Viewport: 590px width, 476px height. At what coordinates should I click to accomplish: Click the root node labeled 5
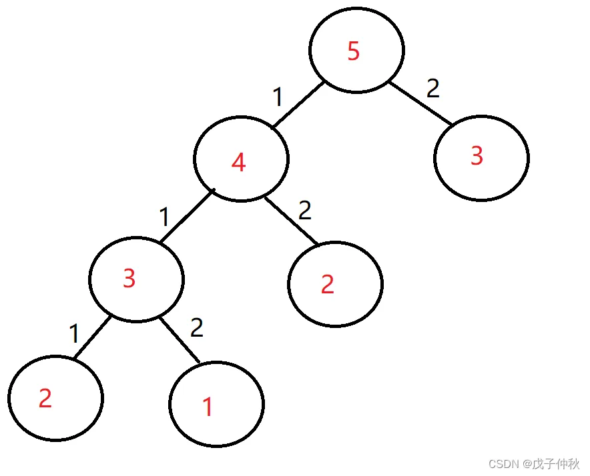click(x=356, y=51)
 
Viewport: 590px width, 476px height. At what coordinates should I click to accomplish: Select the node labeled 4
click(x=240, y=160)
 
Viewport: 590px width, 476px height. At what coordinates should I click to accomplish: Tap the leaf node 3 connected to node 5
click(x=481, y=157)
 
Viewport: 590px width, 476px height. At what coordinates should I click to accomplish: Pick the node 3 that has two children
click(x=136, y=279)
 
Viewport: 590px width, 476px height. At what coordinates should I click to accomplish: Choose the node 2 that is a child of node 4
click(x=335, y=284)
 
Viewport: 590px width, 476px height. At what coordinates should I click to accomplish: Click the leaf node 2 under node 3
click(x=55, y=398)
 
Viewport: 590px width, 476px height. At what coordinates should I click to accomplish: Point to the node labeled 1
click(x=216, y=404)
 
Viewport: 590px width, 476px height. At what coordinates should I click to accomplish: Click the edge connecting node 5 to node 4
click(x=298, y=104)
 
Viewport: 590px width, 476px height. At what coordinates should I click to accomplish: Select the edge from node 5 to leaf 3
click(x=420, y=103)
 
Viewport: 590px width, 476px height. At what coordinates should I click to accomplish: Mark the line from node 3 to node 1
click(x=180, y=341)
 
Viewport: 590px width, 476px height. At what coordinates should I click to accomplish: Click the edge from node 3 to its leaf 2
click(x=92, y=340)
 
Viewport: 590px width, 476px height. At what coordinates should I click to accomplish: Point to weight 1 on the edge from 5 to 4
click(x=278, y=97)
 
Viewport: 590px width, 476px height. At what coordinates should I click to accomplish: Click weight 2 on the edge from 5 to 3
click(x=433, y=88)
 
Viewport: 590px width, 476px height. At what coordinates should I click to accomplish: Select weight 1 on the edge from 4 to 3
click(x=164, y=217)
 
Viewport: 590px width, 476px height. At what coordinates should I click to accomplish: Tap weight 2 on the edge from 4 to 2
click(x=305, y=211)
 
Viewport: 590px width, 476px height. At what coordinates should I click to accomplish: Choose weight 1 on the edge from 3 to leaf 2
click(x=75, y=333)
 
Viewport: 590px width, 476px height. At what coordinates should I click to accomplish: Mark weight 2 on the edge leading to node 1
click(x=196, y=327)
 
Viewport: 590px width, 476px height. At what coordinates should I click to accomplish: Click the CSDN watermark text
click(x=533, y=463)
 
